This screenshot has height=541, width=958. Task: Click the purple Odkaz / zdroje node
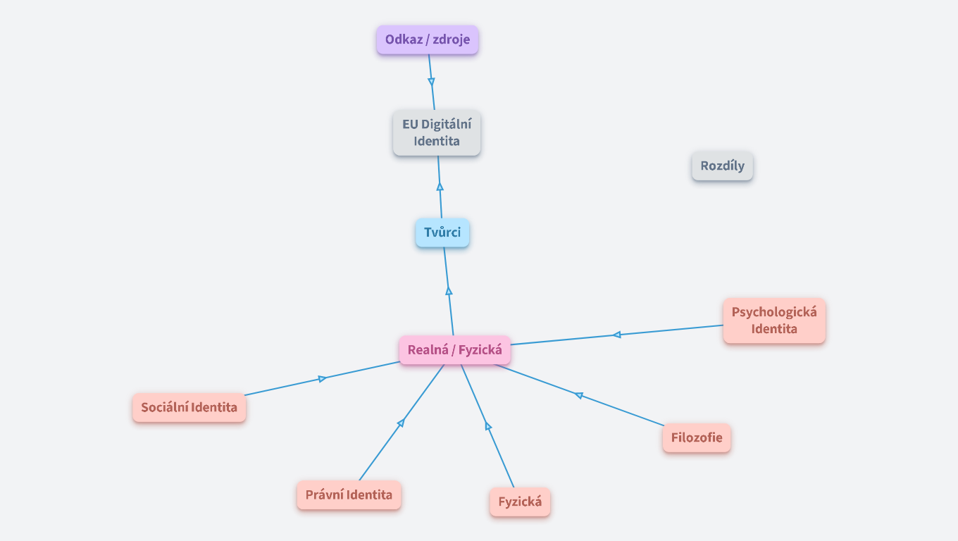click(x=427, y=40)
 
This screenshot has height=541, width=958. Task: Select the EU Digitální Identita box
click(x=437, y=132)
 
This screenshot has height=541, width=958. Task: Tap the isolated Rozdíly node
click(x=722, y=166)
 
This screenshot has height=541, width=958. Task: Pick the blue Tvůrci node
click(x=442, y=232)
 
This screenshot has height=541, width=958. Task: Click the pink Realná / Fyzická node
click(x=454, y=350)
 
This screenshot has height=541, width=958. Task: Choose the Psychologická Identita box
click(x=773, y=321)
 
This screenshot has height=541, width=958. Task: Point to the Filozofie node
click(x=696, y=437)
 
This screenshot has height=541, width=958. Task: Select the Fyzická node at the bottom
click(x=520, y=502)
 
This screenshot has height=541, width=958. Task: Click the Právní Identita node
click(x=349, y=495)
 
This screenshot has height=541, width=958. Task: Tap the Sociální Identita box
click(x=189, y=407)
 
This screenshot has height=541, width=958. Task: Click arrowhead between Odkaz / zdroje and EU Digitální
click(x=431, y=81)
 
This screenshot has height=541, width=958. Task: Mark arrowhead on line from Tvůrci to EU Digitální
click(x=440, y=187)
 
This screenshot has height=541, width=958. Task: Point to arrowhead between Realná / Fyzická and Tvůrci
click(x=449, y=290)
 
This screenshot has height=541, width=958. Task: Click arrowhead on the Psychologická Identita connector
click(x=616, y=335)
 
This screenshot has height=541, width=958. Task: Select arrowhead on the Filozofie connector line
click(x=579, y=395)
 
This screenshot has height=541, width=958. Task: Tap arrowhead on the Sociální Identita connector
click(x=322, y=379)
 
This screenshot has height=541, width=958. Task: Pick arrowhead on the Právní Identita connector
click(x=401, y=423)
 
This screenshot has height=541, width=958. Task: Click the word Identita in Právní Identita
click(x=368, y=495)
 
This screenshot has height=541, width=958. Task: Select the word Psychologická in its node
click(x=773, y=312)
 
